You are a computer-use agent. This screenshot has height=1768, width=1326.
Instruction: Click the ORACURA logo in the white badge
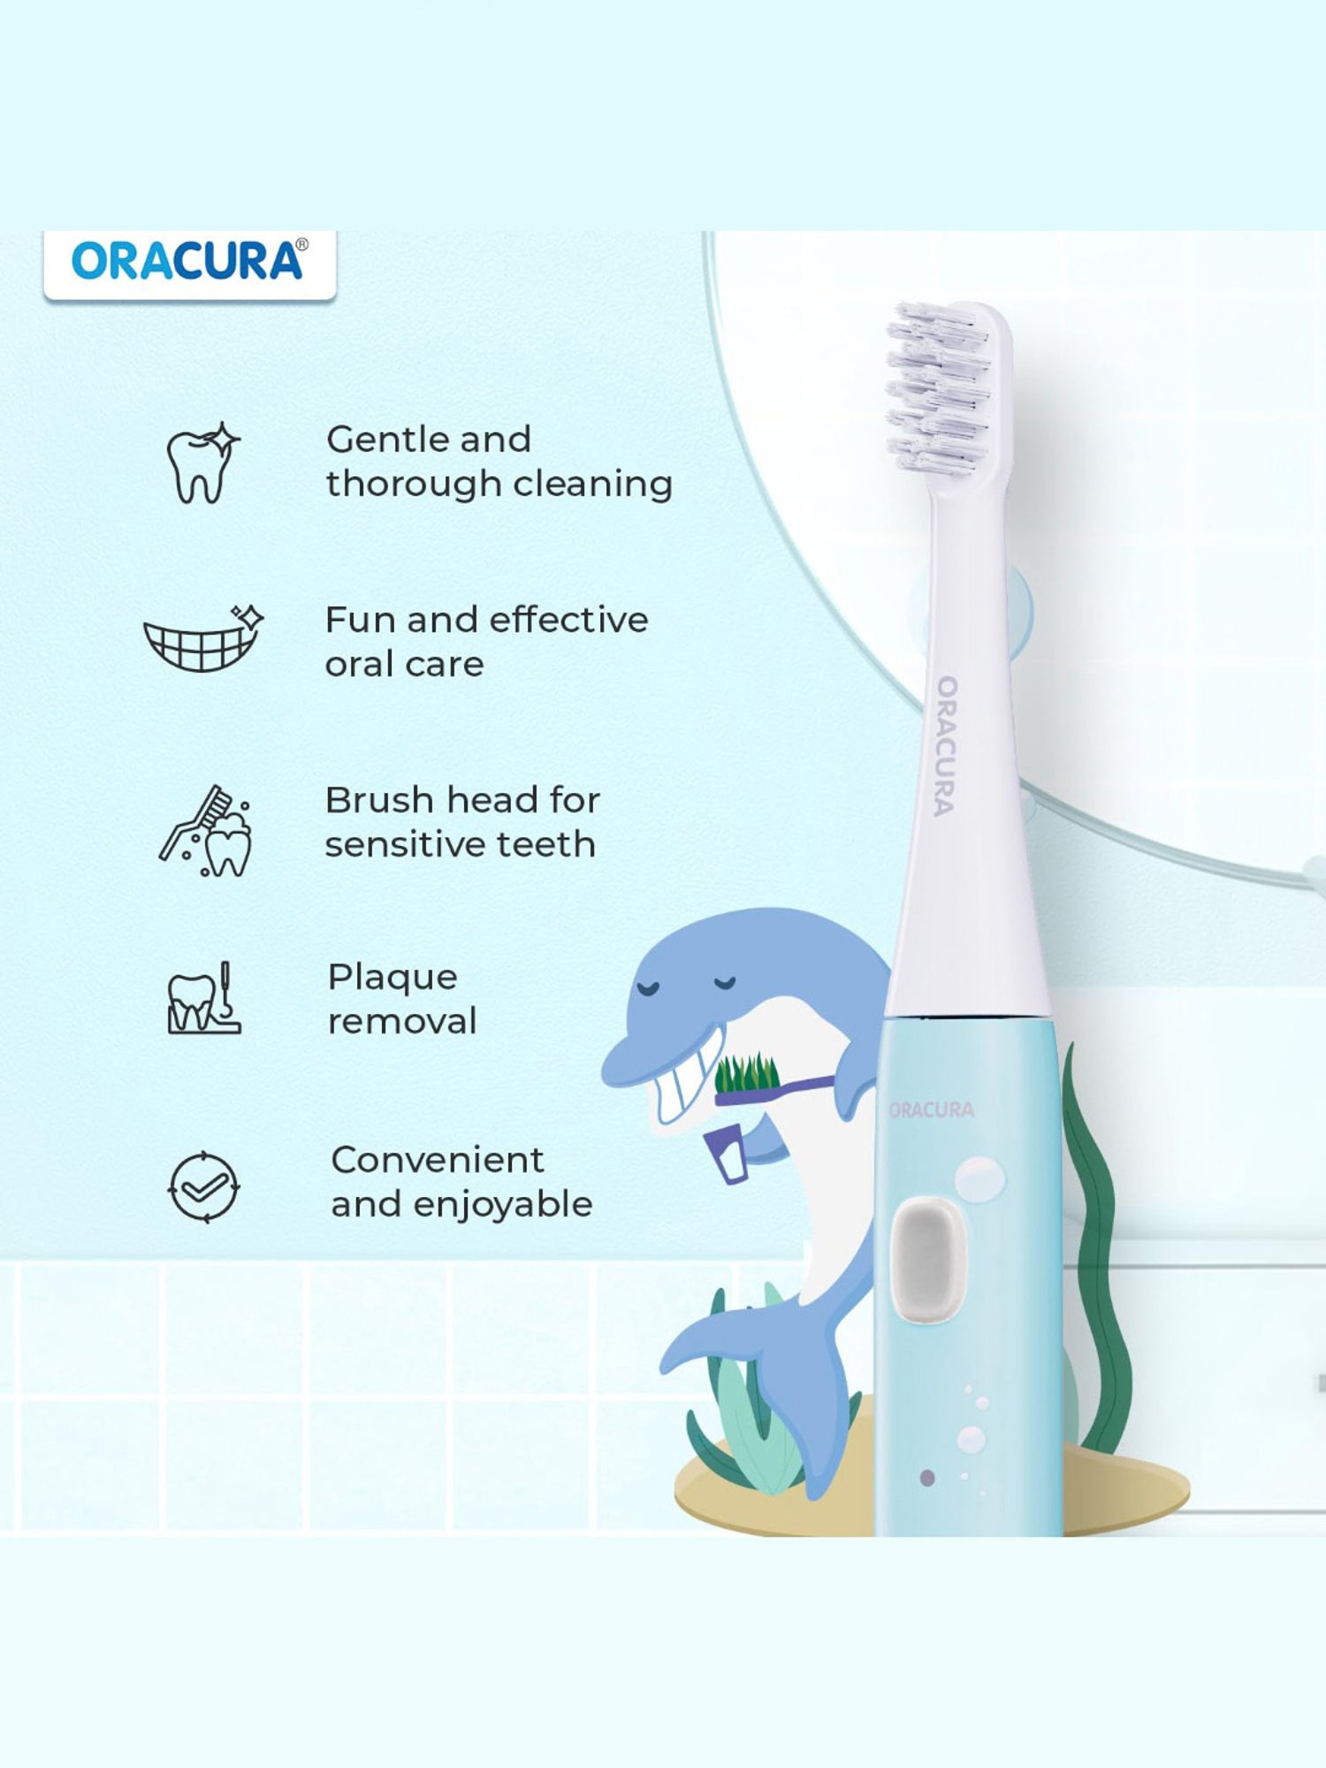click(189, 261)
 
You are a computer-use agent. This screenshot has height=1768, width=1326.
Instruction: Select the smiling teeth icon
click(204, 638)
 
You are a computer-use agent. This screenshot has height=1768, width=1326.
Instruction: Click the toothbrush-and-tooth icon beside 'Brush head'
click(205, 831)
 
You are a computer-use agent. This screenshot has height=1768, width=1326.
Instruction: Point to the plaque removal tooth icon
click(204, 998)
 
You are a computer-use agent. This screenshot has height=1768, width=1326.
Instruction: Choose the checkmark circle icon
click(204, 1187)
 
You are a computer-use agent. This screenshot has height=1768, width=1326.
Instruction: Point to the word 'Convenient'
click(438, 1160)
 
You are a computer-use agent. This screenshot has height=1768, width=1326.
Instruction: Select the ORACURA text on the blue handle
click(932, 1109)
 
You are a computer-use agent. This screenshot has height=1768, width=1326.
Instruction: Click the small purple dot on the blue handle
click(927, 1477)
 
